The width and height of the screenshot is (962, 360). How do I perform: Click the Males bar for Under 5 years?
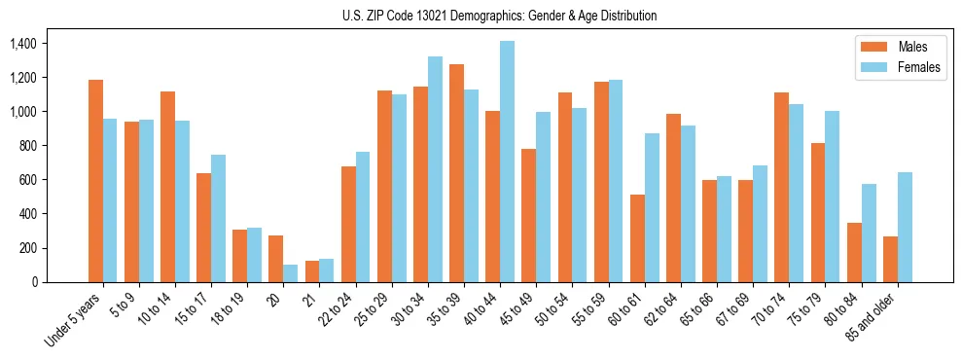click(95, 181)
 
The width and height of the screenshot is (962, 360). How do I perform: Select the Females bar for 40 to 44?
click(508, 162)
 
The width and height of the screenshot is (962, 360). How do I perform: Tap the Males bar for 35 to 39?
click(457, 173)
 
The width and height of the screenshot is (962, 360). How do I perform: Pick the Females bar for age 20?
click(291, 273)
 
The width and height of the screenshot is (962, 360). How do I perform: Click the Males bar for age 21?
click(312, 271)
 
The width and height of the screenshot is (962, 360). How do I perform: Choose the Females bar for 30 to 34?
click(436, 169)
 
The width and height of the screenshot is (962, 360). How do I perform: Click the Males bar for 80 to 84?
click(854, 252)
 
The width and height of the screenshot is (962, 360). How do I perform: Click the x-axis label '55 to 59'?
click(590, 307)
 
